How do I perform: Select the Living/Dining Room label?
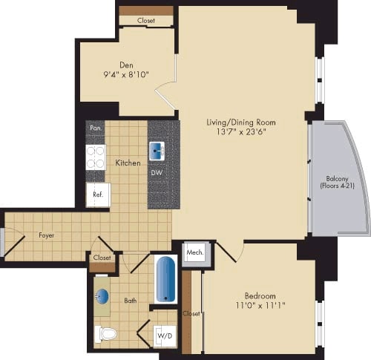tap(237, 121)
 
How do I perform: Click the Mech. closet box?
tap(195, 252)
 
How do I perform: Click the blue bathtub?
tap(165, 279)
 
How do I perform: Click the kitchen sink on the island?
tap(157, 151)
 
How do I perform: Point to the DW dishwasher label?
tap(157, 173)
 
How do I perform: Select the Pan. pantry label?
tap(96, 128)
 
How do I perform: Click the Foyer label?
tap(47, 235)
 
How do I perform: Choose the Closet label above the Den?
tap(147, 21)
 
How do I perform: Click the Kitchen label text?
tap(128, 162)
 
